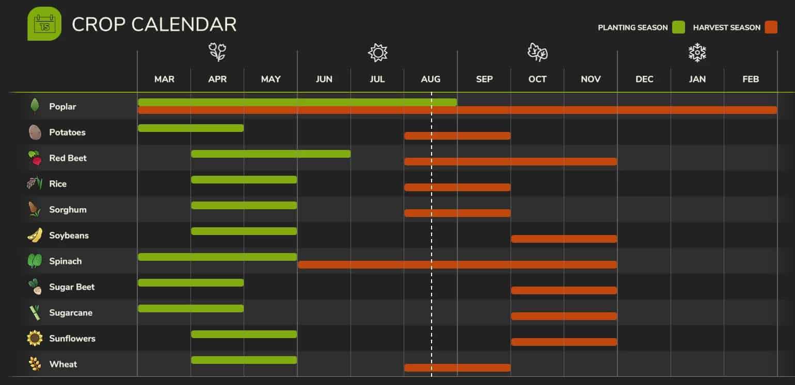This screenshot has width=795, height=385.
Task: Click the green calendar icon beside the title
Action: point(44,24)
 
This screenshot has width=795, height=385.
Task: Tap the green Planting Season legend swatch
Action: point(678,27)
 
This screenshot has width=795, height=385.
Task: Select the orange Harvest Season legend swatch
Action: point(771,27)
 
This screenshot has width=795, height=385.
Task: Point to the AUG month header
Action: point(431,79)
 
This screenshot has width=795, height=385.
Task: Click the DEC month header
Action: point(644,79)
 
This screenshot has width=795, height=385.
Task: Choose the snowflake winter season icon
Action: point(697,52)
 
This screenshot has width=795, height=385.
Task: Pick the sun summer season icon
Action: point(377,52)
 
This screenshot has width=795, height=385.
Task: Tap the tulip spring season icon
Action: point(217,52)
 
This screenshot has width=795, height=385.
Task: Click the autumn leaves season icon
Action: point(537,52)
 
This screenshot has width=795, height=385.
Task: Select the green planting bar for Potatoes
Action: point(190,128)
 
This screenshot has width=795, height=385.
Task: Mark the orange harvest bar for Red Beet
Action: point(511,161)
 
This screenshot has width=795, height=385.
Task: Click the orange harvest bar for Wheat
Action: point(457,367)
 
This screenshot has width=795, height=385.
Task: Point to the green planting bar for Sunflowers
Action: point(244,334)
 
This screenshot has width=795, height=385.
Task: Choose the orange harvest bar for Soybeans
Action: point(564,239)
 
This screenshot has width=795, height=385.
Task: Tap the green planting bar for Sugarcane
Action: point(190,308)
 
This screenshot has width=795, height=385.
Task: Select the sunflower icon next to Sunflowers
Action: point(35,339)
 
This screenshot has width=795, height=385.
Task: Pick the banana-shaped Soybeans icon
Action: point(35,236)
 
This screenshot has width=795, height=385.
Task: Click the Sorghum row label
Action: point(68,210)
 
